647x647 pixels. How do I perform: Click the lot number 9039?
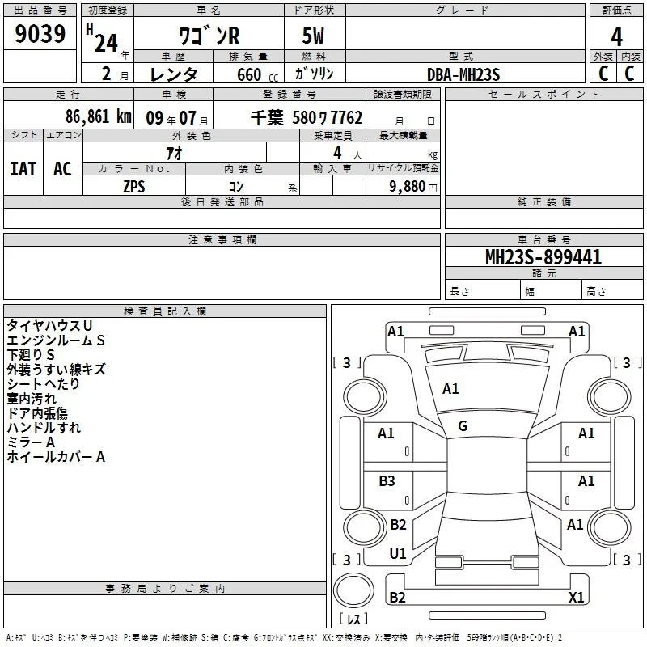pos(40,34)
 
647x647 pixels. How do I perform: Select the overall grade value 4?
pos(616,37)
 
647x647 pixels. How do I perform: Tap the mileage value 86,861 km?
pos(98,116)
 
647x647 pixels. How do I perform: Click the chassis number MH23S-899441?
pos(543,257)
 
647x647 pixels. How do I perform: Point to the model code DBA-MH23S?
pos(463,74)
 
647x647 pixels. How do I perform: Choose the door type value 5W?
pos(313,36)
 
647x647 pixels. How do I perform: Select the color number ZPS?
pos(134,187)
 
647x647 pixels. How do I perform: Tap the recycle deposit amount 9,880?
pos(408,187)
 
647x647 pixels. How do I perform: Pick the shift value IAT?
pos(23,169)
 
